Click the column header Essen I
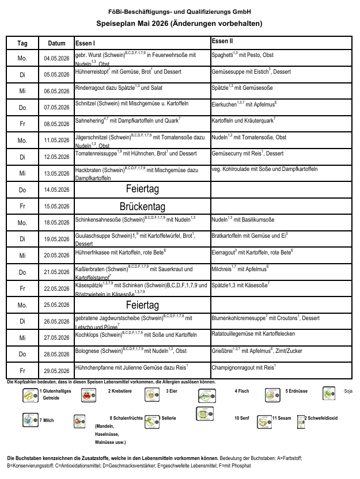[x=85, y=43]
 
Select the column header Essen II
[x=222, y=41]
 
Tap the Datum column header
[x=56, y=43]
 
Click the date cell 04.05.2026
[x=56, y=59]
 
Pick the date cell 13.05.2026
[x=56, y=173]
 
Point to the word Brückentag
[x=142, y=206]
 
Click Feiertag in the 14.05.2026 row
[x=142, y=189]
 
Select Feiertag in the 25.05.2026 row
[x=142, y=305]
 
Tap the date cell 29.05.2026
[x=56, y=371]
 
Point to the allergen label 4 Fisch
[x=242, y=391]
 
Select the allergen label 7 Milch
[x=47, y=420]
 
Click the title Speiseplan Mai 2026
[x=179, y=24]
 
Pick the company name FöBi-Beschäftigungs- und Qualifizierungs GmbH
[x=179, y=12]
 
